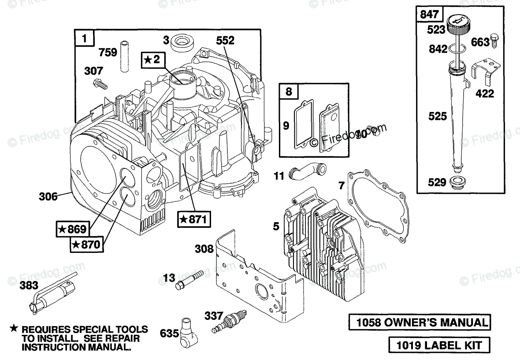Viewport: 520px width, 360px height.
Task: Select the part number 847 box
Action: (429, 14)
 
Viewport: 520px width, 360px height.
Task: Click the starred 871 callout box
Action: (194, 219)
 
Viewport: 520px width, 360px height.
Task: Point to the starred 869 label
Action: (72, 229)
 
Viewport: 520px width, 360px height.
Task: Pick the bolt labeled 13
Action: (189, 279)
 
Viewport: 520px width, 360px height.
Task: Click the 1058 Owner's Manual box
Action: (420, 322)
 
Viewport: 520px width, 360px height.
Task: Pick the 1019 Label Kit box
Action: (439, 345)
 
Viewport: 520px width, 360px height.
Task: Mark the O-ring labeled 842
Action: (456, 49)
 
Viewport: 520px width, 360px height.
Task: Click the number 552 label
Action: (225, 41)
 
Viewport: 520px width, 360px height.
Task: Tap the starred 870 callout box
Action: (86, 245)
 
